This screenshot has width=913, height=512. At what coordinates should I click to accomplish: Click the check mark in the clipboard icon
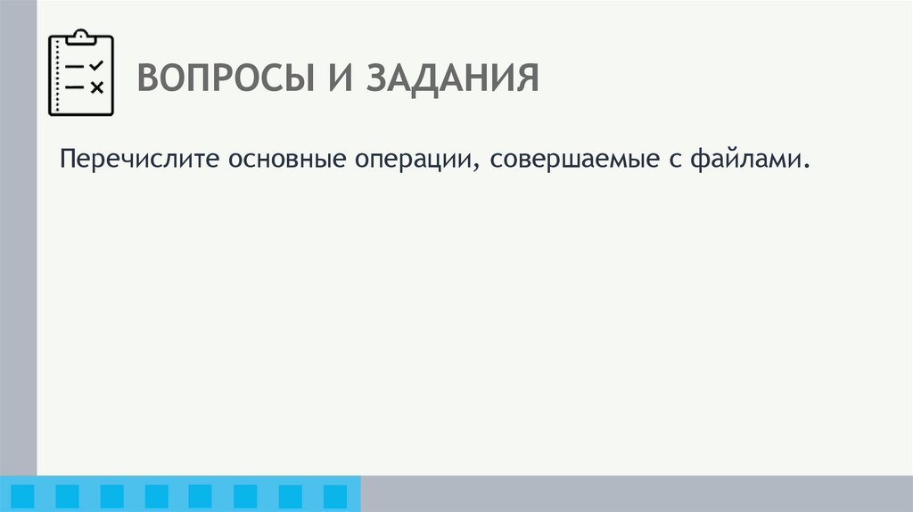point(97,66)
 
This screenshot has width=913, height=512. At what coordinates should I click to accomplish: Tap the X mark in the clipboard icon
point(97,87)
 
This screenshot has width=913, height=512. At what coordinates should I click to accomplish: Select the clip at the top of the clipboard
point(81,37)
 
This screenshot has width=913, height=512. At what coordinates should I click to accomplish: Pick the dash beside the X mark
point(75,87)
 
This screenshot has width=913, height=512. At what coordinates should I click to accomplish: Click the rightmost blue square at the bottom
point(334,496)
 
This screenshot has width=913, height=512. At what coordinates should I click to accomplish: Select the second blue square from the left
point(67,496)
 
